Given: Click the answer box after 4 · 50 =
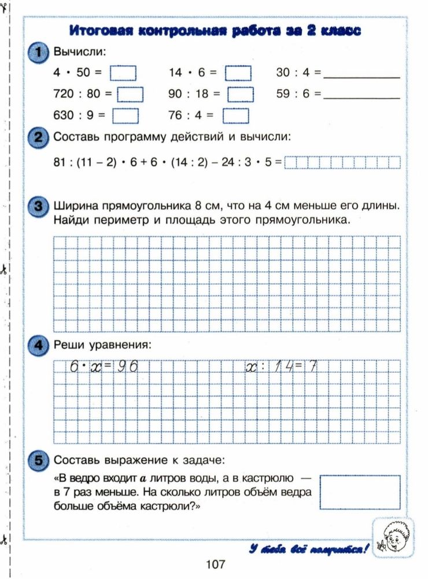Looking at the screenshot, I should point(123,73).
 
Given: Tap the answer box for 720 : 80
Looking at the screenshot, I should point(131,94).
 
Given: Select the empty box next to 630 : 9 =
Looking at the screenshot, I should point(126,115).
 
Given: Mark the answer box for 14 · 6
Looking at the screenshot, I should point(238,73).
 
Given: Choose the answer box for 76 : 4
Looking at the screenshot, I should point(235,115).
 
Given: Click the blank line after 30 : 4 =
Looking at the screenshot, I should point(361,75).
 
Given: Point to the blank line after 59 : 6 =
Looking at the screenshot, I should point(361,96).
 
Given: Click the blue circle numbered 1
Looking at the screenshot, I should point(38,53).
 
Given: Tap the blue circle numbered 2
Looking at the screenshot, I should point(38,137).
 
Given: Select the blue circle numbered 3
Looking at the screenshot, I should point(38,206).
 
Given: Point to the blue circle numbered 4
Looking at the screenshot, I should point(38,345).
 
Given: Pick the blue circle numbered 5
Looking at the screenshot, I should point(38,460).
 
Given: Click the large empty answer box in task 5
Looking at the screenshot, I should point(360,492).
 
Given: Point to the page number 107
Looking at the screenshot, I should point(215,563).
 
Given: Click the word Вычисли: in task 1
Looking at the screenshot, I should point(80,52).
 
